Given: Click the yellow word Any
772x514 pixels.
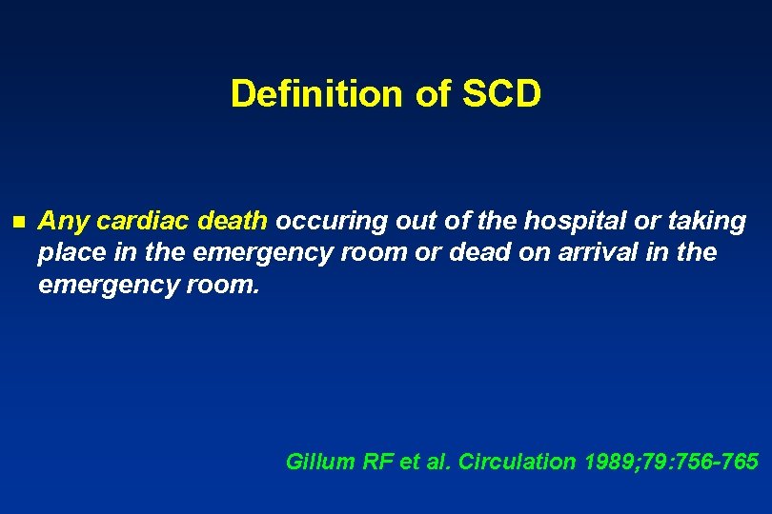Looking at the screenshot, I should coord(63,222).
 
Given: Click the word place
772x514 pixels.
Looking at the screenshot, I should coord(66,253).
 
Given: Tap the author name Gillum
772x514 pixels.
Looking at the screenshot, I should coord(320,462).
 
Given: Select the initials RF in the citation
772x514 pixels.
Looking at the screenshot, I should coord(377,462).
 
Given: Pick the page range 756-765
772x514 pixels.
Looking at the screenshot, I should coord(721,462).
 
